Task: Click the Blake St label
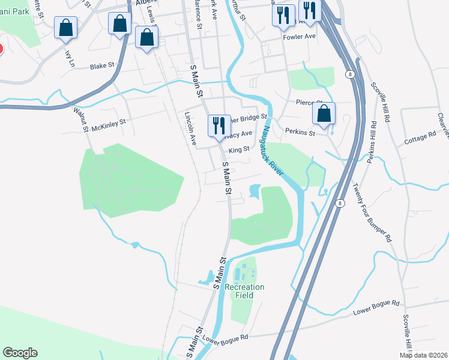click(x=102, y=67)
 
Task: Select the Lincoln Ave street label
click(x=191, y=129)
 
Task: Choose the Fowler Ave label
click(x=300, y=37)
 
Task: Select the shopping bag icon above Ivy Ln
click(x=65, y=28)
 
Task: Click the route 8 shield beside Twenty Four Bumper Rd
click(x=340, y=203)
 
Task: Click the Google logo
click(x=19, y=353)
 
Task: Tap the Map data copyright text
click(x=423, y=355)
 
